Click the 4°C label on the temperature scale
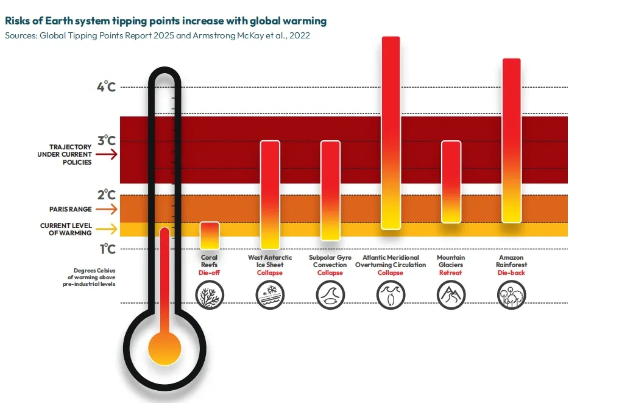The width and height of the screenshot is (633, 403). (x=106, y=86)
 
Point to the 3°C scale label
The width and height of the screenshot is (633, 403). (x=106, y=140)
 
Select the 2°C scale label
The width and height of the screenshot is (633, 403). (x=106, y=194)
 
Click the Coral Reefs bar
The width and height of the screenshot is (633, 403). (x=210, y=235)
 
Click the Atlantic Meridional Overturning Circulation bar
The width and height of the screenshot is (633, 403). (x=391, y=133)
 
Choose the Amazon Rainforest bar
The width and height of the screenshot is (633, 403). (x=511, y=140)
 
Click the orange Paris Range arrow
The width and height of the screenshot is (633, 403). (x=107, y=210)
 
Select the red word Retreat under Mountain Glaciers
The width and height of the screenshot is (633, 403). (x=451, y=273)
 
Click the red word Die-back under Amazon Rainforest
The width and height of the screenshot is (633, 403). (x=511, y=273)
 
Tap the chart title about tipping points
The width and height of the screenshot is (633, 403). (x=166, y=21)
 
